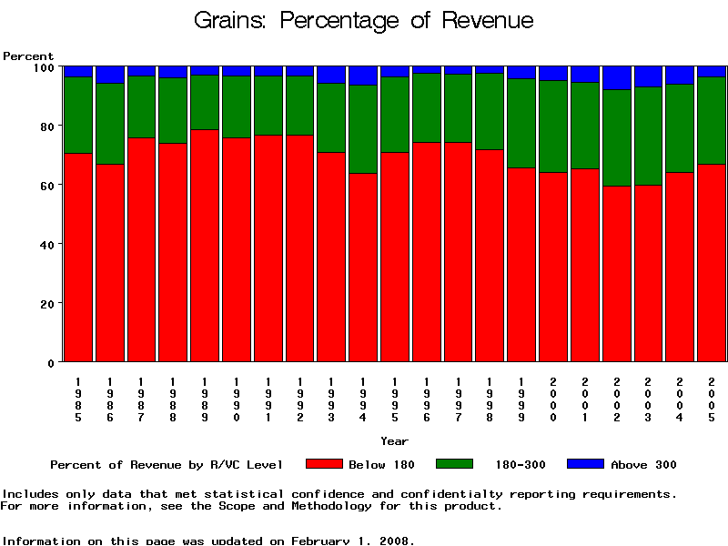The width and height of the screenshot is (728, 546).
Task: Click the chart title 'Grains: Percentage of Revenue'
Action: click(x=364, y=20)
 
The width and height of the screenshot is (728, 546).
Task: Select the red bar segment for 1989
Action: click(x=205, y=246)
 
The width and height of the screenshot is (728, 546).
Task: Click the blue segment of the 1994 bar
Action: click(x=363, y=76)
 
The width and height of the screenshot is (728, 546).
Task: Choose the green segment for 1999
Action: click(x=521, y=124)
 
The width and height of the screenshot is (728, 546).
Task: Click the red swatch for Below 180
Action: click(x=324, y=464)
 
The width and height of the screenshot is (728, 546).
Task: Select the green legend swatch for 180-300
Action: click(x=455, y=464)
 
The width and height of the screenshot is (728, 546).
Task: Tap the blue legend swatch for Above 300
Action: click(x=585, y=464)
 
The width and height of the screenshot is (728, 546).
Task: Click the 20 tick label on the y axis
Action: click(x=47, y=303)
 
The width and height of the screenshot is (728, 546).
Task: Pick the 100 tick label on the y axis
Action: click(x=44, y=66)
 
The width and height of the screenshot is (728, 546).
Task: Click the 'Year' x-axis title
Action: click(x=394, y=441)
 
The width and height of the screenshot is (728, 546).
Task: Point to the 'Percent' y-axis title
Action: click(x=28, y=56)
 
